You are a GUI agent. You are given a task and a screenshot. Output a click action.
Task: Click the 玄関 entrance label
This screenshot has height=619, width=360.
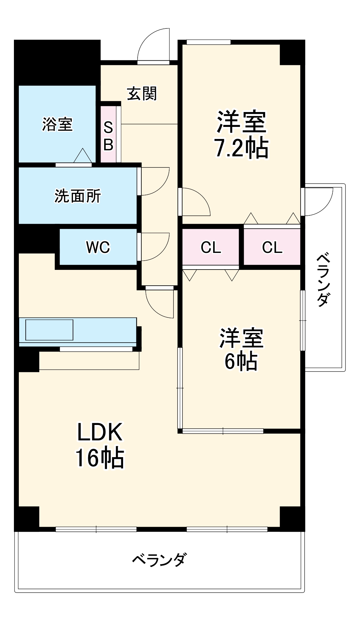142,93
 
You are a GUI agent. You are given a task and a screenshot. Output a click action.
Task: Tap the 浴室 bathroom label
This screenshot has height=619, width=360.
57,124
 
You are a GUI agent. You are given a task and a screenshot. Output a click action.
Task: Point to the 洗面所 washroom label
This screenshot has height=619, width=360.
78,196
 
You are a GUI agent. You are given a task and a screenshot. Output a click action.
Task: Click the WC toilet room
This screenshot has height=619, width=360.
98,247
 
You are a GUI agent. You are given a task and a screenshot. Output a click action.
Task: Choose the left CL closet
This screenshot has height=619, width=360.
211,247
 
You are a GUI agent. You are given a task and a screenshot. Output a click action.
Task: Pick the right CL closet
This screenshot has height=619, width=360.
272,247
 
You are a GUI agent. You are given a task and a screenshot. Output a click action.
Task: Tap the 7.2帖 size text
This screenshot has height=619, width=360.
241,148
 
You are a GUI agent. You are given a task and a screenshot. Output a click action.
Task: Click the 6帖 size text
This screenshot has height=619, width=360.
241,361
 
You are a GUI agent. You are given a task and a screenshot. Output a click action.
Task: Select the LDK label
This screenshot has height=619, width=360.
100,432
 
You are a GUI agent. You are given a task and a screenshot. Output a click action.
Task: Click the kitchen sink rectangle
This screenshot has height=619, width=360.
49,330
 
